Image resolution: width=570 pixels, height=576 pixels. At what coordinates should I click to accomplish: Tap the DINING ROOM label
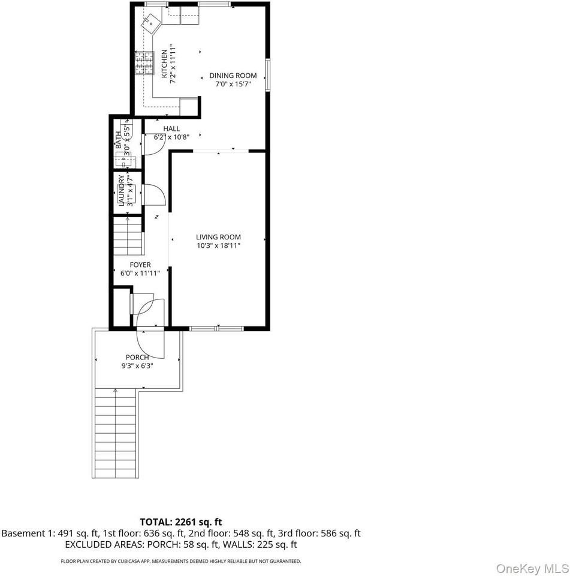[x=233, y=76]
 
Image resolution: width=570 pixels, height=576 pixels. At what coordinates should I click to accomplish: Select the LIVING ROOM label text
[x=218, y=237]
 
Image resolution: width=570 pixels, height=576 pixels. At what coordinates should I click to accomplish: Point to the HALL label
[x=171, y=128]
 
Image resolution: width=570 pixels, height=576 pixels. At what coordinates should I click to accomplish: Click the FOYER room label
[x=140, y=265]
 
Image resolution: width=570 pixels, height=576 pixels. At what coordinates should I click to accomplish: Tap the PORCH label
[x=137, y=357]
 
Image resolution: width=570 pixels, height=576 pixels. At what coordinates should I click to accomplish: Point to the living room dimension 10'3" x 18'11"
[x=218, y=245]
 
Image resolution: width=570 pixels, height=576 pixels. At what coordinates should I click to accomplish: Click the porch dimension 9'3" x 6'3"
[x=137, y=365]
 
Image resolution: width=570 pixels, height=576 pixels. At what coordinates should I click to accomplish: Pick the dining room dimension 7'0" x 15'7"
[x=233, y=84]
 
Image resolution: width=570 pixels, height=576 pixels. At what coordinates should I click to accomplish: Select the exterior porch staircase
[x=114, y=432]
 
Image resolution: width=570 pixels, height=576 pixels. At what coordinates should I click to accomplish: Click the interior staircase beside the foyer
[x=128, y=237]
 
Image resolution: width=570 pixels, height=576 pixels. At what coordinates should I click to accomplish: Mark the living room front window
[x=216, y=328]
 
